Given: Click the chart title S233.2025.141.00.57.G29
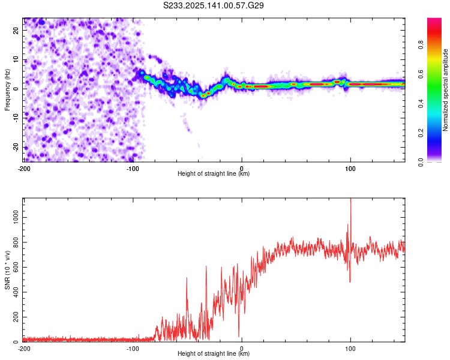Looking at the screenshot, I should click(214, 6).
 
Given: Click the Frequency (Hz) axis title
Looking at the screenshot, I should click(7, 89).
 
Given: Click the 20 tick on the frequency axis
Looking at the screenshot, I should click(16, 29).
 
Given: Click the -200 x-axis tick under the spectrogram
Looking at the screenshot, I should click(24, 168).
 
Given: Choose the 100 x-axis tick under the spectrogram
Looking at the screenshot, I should click(350, 168).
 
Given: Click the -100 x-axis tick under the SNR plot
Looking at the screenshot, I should click(133, 349).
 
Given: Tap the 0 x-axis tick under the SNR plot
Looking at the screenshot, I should click(242, 349).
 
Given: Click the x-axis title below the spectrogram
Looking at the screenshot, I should click(214, 174).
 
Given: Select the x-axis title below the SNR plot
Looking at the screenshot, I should click(214, 354).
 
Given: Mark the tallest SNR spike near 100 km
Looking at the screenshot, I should click(350, 201).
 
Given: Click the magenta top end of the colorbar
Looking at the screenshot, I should click(435, 20).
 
